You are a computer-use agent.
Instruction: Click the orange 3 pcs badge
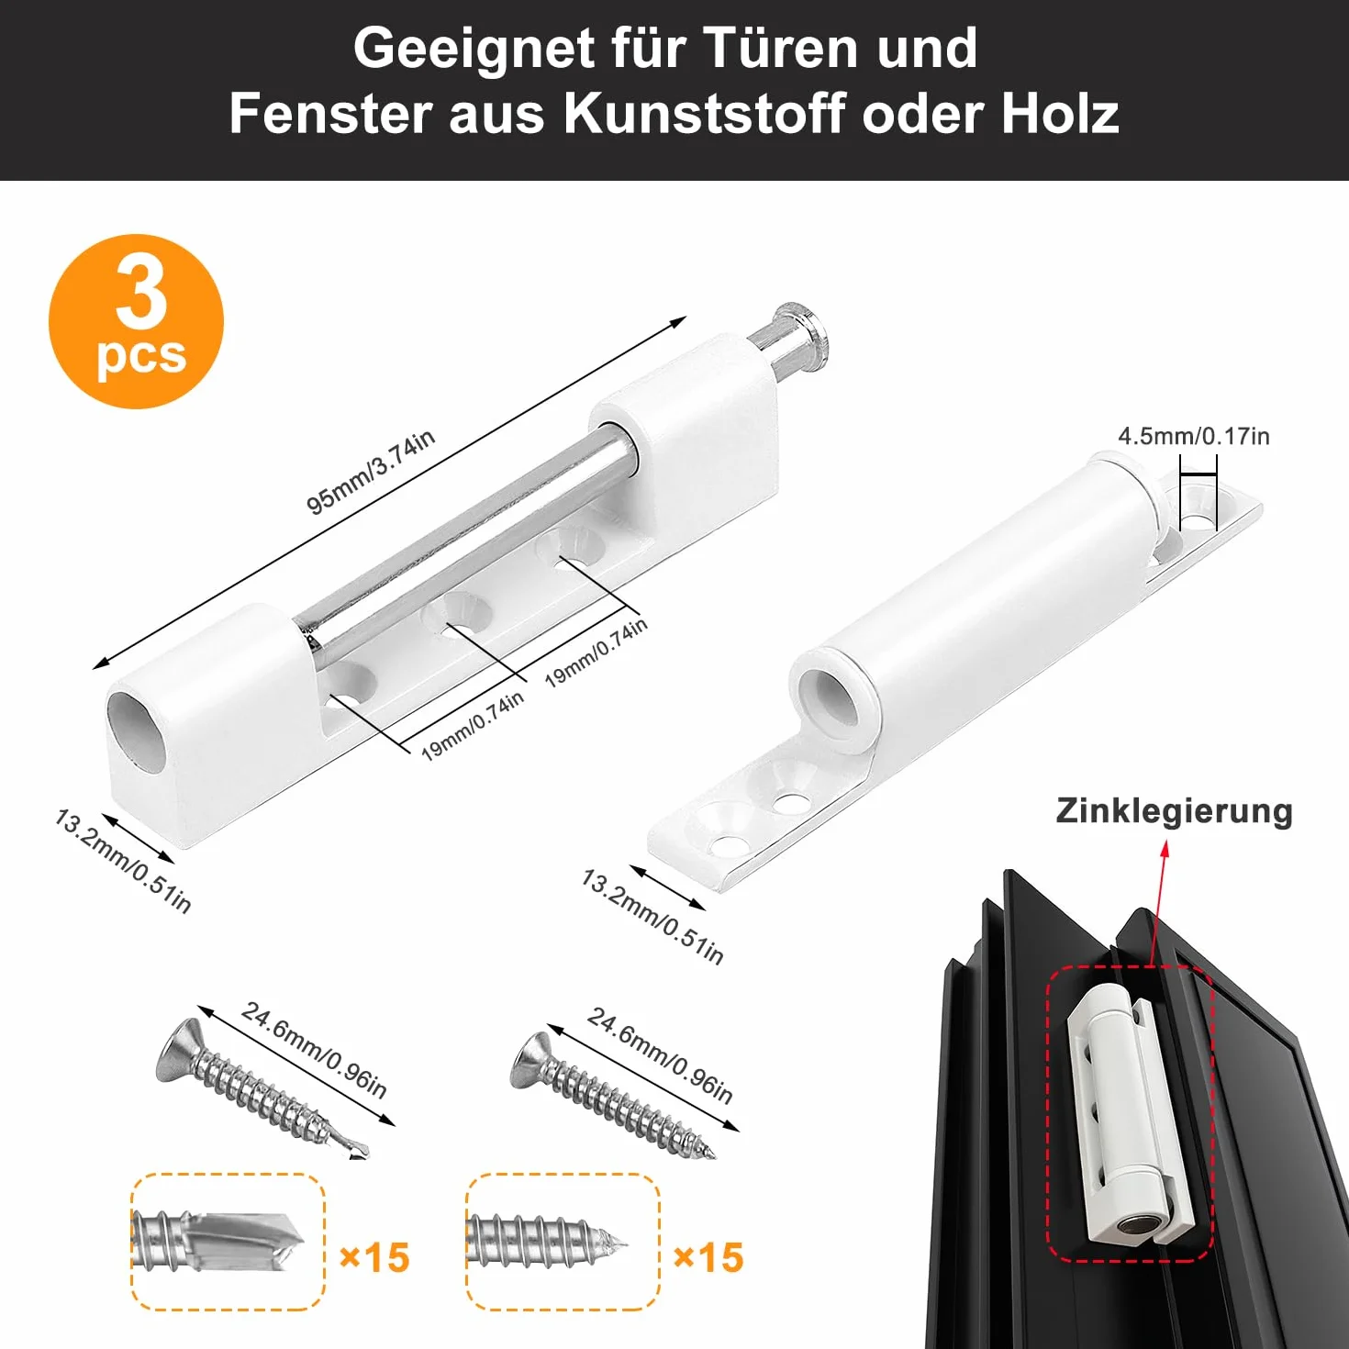pyautogui.click(x=136, y=321)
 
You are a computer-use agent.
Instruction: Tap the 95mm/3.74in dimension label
pyautogui.click(x=371, y=471)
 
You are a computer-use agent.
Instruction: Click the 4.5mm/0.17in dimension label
pyautogui.click(x=1193, y=436)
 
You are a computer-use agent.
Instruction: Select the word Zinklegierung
pyautogui.click(x=1174, y=811)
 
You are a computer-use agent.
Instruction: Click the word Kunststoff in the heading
pyautogui.click(x=704, y=113)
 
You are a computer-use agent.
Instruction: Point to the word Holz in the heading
pyautogui.click(x=1060, y=113)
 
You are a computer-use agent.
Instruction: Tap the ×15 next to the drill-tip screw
pyautogui.click(x=373, y=1257)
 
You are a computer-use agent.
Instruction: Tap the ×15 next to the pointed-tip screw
pyautogui.click(x=708, y=1257)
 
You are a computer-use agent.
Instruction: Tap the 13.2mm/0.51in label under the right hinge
pyautogui.click(x=652, y=917)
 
